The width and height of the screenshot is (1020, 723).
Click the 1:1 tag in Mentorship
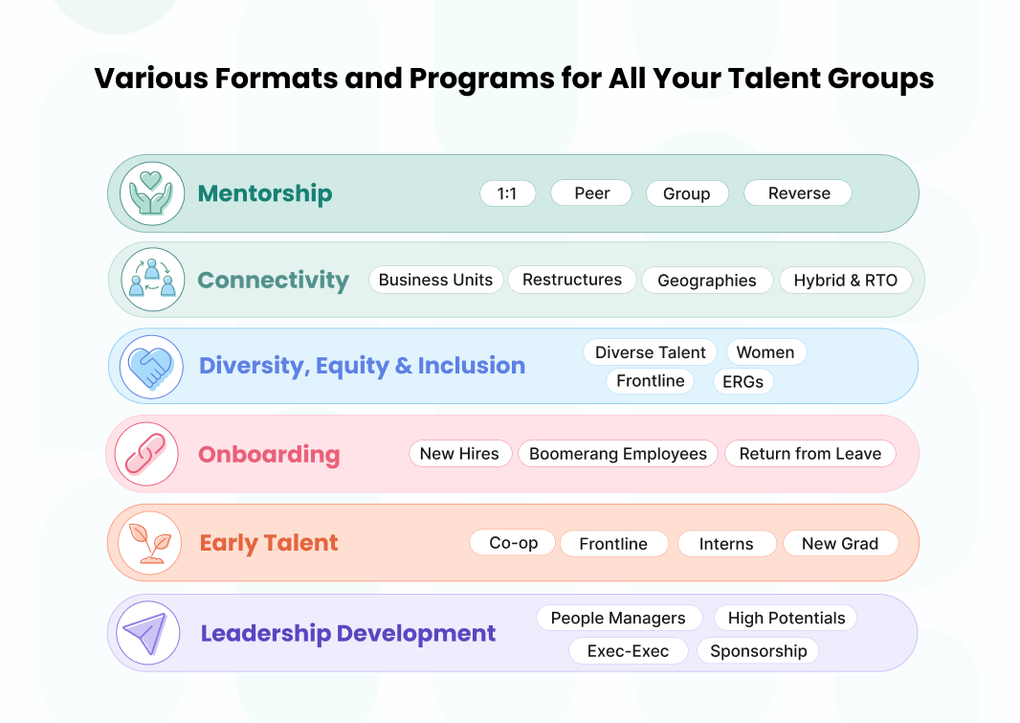pos(507,193)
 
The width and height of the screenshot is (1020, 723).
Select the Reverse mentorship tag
pos(798,193)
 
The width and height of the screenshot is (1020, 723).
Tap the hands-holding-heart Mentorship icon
pos(151,194)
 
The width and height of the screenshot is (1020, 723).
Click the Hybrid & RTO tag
pos(845,281)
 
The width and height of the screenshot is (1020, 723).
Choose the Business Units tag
pos(435,280)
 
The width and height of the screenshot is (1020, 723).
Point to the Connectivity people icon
pos(152,280)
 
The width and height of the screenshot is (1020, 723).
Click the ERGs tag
pos(743,381)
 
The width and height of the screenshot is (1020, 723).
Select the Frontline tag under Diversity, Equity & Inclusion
pos(651,381)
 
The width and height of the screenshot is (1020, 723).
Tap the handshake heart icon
pos(151,367)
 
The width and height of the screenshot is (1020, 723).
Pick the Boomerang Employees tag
pos(618,454)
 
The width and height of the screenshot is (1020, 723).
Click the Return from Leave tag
pos(809,454)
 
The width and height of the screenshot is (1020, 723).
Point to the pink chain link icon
pos(146,454)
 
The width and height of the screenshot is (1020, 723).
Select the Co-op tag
pos(513,543)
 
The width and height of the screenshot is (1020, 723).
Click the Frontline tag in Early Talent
pos(613,543)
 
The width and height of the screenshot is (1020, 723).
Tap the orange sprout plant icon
pos(150,543)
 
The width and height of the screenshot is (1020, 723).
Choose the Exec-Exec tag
pos(628,651)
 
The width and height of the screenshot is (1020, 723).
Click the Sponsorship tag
pos(759,651)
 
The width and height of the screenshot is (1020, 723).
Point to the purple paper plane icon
pos(148,633)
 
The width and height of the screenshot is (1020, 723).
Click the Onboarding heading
pos(269,454)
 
